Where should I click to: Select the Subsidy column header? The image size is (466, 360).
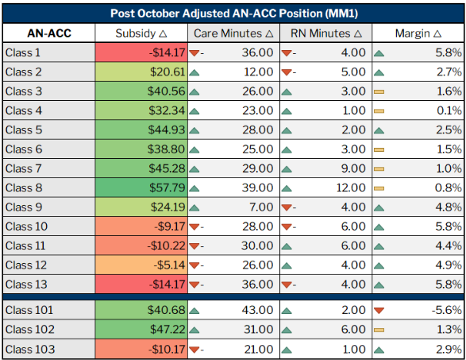(x=141, y=33)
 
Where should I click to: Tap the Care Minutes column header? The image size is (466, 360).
(x=233, y=33)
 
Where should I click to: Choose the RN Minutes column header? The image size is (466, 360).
(x=325, y=33)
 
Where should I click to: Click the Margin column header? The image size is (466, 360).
(x=418, y=33)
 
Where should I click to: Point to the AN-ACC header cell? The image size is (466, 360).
(x=49, y=33)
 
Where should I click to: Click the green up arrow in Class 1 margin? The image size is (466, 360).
(x=379, y=53)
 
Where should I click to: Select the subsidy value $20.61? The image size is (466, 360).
(x=164, y=72)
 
